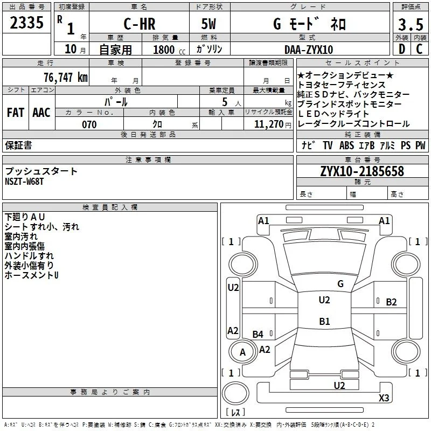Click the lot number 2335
click(x=26, y=23)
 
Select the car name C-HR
click(x=140, y=24)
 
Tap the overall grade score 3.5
click(x=411, y=24)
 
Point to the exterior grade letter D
click(x=402, y=49)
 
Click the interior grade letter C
click(x=419, y=49)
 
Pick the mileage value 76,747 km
click(x=66, y=78)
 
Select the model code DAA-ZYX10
click(x=309, y=50)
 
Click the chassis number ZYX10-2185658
click(x=362, y=171)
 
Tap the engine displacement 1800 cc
click(x=169, y=50)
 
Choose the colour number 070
click(x=89, y=124)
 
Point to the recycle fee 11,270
click(x=269, y=124)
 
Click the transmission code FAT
click(x=16, y=113)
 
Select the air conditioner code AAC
click(x=41, y=113)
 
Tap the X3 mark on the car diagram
click(x=384, y=398)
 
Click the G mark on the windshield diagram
click(x=340, y=283)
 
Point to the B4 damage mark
click(x=258, y=334)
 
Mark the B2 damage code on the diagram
click(x=392, y=302)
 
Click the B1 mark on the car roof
click(x=325, y=321)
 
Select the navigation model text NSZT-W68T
click(x=24, y=182)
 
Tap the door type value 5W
click(x=208, y=24)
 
